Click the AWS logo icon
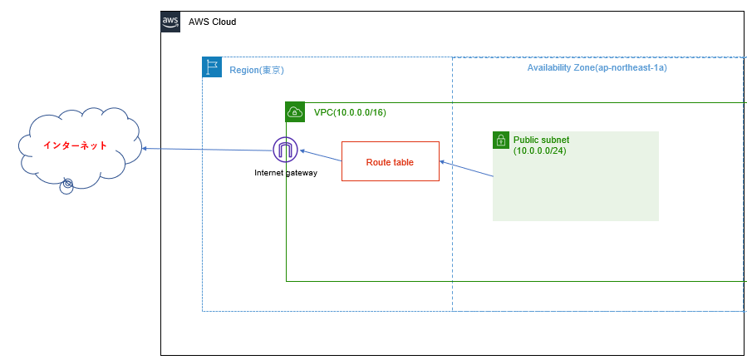coord(170,22)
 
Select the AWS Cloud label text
coord(213,22)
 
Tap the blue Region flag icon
coord(212,67)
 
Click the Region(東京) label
coord(257,71)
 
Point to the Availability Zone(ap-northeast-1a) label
coord(597,67)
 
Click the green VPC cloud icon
coord(295,112)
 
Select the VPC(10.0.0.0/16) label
coord(349,112)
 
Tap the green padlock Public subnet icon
coord(500,140)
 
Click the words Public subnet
coord(541,140)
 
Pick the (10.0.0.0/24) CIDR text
coord(541,150)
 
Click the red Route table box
coord(390,161)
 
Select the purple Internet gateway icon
coord(285,150)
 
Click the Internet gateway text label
coord(285,173)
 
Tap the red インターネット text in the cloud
coord(76,145)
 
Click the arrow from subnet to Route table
coord(466,170)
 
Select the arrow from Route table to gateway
coord(321,156)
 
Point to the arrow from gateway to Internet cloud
coord(208,150)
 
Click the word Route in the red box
coord(378,162)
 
